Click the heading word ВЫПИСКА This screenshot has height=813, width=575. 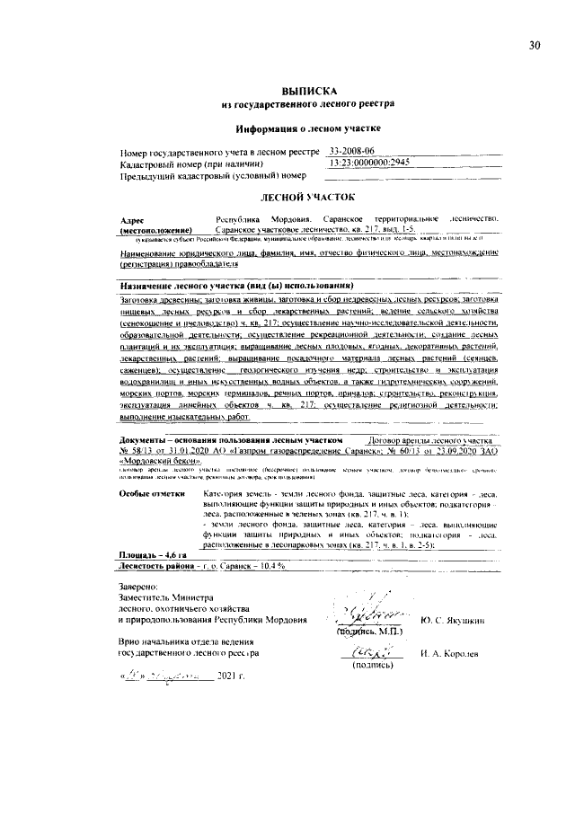[308, 92]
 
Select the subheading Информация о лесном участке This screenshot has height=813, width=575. [308, 128]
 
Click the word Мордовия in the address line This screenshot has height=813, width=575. [290, 219]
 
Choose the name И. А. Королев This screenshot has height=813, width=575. [452, 656]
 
